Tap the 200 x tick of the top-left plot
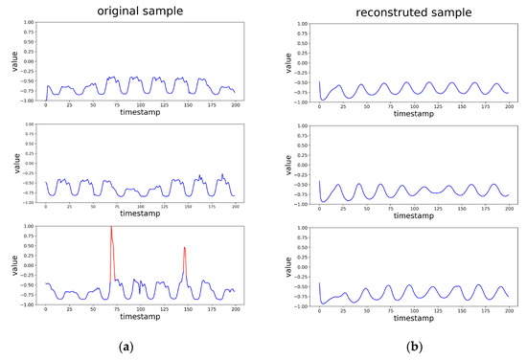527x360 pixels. tap(235, 104)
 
